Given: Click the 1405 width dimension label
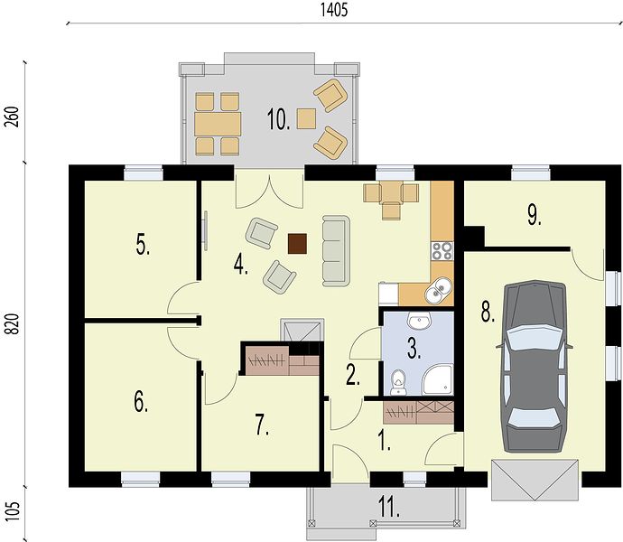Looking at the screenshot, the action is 334,10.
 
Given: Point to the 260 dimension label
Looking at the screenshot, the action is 14,117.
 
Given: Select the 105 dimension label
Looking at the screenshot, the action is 14,510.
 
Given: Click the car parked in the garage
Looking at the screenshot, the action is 535,366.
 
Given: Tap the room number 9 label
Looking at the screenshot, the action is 535,216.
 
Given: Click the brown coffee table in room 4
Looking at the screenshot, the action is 297,244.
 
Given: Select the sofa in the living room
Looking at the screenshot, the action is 336,250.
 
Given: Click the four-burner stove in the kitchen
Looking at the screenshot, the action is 442,251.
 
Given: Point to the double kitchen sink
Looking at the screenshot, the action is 438,290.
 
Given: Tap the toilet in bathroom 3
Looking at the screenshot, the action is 397,382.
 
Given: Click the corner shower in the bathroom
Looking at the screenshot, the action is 437,379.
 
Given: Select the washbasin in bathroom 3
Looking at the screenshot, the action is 419,321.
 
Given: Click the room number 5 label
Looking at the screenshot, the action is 143,244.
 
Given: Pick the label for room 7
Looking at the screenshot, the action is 262,426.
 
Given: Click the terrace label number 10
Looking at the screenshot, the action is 278,119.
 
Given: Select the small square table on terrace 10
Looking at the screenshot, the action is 307,118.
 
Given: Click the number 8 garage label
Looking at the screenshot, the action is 488,312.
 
